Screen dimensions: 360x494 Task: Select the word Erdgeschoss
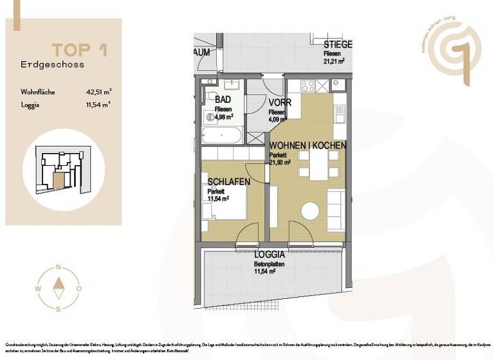52,65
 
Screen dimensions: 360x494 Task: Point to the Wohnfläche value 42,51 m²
98,92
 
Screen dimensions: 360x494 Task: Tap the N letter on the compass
59,266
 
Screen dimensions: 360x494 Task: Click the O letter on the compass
78,289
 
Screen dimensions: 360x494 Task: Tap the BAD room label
223,100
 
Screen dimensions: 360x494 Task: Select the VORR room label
280,103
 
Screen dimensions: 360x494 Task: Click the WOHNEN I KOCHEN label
307,146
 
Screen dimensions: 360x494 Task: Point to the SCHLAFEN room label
228,183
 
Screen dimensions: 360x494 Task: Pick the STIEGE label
338,44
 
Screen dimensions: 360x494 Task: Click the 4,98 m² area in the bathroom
223,117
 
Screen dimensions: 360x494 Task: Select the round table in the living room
310,211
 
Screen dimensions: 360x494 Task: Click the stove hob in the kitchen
307,85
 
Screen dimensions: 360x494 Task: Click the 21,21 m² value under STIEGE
334,62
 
